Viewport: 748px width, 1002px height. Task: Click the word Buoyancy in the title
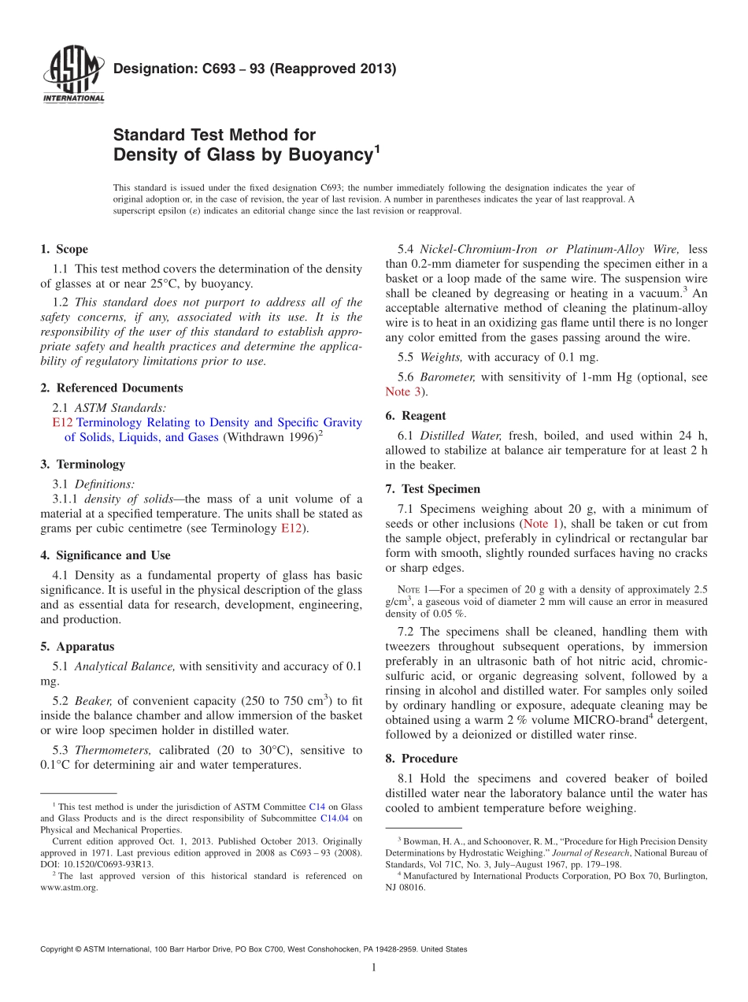326,155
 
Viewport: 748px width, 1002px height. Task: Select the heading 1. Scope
65,250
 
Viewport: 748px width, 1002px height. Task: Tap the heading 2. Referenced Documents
112,388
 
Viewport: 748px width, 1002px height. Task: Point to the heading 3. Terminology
83,464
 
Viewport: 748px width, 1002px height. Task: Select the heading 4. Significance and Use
106,555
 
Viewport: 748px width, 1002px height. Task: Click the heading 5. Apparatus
77,647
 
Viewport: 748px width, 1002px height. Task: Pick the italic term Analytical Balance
125,666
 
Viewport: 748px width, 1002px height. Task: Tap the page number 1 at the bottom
374,968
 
